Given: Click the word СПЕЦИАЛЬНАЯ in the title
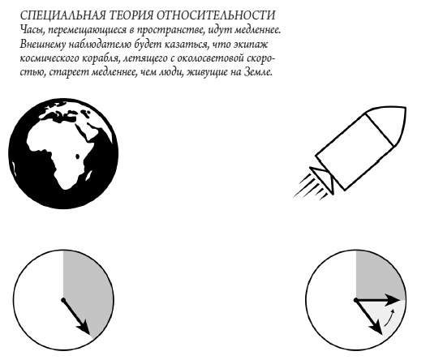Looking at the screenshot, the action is pyautogui.click(x=62, y=15).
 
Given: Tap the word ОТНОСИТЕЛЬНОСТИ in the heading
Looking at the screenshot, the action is pyautogui.click(x=216, y=15).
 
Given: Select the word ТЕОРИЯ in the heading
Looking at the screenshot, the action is pyautogui.click(x=131, y=15).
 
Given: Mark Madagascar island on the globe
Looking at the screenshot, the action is pyautogui.click(x=77, y=156).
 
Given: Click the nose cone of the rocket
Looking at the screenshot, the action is pyautogui.click(x=388, y=123).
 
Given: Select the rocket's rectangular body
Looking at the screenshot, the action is pyautogui.click(x=355, y=152).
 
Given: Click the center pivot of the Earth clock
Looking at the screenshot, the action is pyautogui.click(x=63, y=300).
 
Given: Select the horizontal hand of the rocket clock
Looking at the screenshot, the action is pyautogui.click(x=378, y=300).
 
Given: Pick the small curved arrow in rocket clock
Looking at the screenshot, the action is pyautogui.click(x=389, y=318).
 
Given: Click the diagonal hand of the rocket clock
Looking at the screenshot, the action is pyautogui.click(x=369, y=317).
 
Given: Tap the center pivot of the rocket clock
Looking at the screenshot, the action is pyautogui.click(x=356, y=301).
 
